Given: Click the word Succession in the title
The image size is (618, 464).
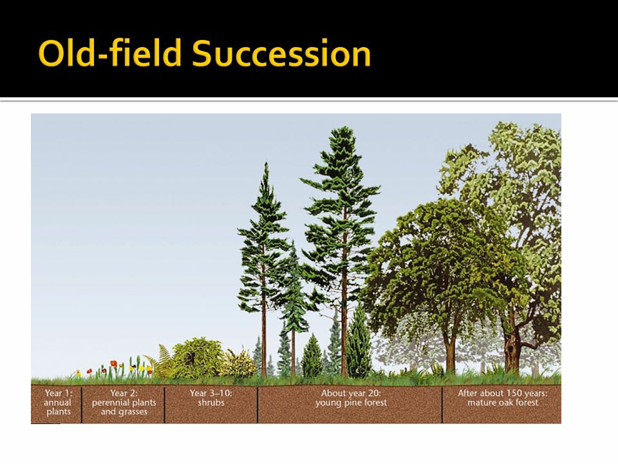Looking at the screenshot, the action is pyautogui.click(x=281, y=53).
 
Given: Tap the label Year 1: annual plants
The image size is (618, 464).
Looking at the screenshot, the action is pyautogui.click(x=58, y=402).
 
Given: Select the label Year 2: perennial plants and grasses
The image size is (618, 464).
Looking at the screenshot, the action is pyautogui.click(x=124, y=402).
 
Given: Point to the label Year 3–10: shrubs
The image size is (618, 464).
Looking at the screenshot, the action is pyautogui.click(x=211, y=398).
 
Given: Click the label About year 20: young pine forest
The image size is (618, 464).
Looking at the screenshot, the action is pyautogui.click(x=351, y=398).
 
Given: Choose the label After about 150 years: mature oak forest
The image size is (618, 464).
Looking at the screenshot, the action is pyautogui.click(x=503, y=398).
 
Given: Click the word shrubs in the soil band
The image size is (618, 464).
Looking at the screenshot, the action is pyautogui.click(x=211, y=402).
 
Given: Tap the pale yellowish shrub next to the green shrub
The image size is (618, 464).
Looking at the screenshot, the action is pyautogui.click(x=238, y=363).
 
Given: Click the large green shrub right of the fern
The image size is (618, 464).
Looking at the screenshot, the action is pyautogui.click(x=196, y=358).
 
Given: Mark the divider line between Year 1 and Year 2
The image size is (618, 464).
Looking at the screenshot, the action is pyautogui.click(x=82, y=405).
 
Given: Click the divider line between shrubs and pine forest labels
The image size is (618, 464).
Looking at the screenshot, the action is pyautogui.click(x=257, y=405).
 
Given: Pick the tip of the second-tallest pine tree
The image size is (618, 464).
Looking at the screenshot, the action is pyautogui.click(x=267, y=162).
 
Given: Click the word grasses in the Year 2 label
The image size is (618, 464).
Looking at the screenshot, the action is pyautogui.click(x=133, y=412).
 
